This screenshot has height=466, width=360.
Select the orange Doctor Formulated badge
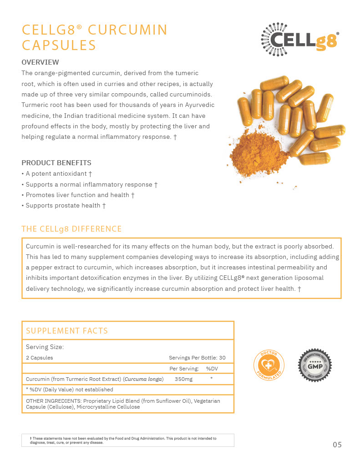point(269,365)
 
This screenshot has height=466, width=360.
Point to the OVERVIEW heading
point(41,62)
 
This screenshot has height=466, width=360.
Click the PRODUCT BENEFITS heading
point(56,163)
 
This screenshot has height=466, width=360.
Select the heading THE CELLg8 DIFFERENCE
point(71,229)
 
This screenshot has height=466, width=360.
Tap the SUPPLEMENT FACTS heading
point(67,331)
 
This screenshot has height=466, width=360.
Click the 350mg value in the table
point(183,379)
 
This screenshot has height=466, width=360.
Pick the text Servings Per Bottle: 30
point(197,358)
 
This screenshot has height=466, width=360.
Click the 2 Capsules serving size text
point(40,358)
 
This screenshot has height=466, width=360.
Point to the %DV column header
point(212,369)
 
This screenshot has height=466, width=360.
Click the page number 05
point(337,445)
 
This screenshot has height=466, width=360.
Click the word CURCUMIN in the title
point(127,30)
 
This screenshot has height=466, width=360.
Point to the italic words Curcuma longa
point(143,379)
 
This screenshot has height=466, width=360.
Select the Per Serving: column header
point(184,369)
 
